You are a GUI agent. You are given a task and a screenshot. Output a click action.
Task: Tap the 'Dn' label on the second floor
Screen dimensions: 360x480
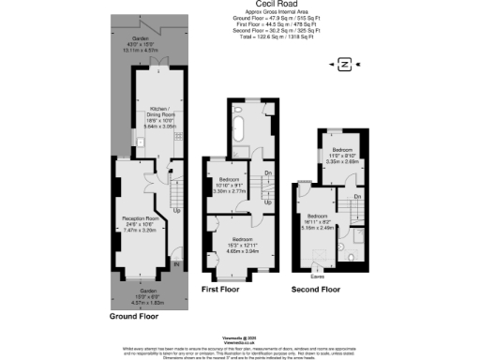[359, 196]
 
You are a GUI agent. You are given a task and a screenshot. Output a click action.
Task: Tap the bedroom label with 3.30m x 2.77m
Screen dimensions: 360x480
[231, 186]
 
